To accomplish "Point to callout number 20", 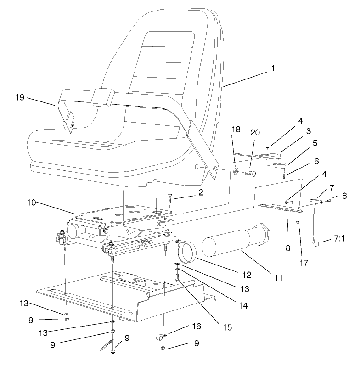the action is pos(255,132).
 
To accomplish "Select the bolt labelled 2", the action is pos(170,199).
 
